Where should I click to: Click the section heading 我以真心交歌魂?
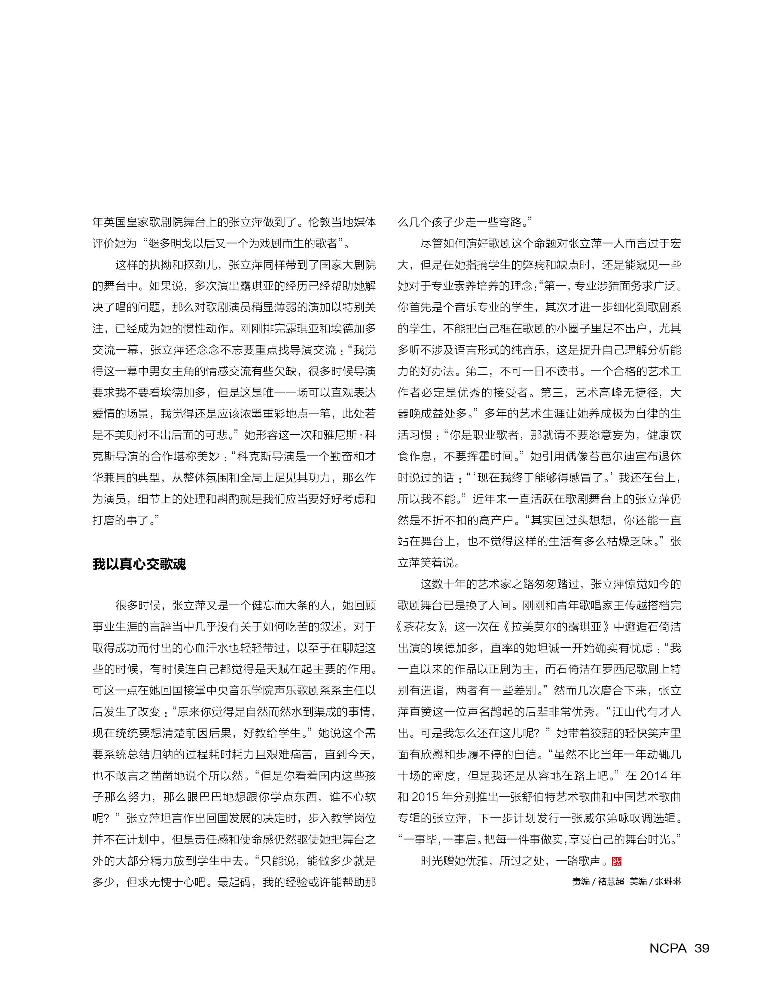(x=139, y=564)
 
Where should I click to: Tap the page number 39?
(x=702, y=949)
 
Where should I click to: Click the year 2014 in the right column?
(x=654, y=776)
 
